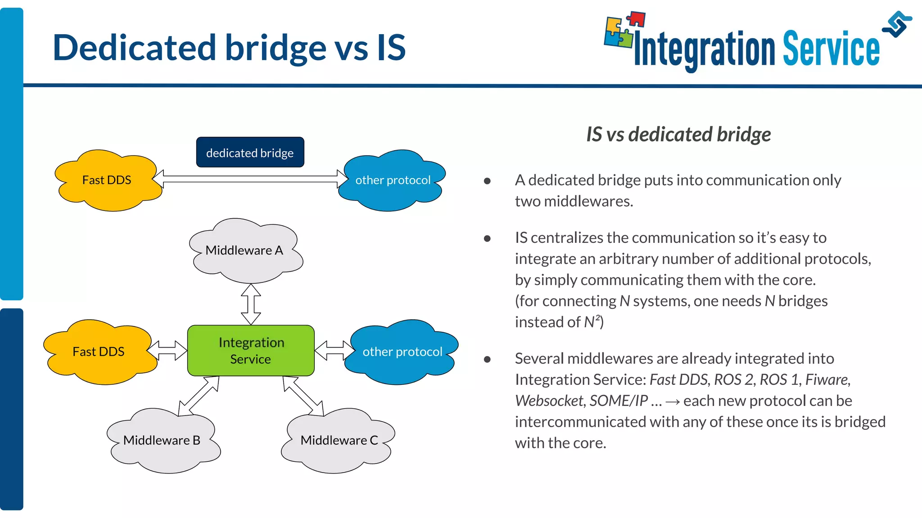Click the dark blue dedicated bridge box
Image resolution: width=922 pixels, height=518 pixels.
[x=250, y=152]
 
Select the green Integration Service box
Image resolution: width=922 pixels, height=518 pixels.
[x=251, y=350]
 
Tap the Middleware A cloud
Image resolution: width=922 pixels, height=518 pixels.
[x=244, y=250]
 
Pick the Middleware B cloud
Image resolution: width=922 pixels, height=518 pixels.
[x=162, y=441]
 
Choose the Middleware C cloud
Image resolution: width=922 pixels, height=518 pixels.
[x=339, y=441]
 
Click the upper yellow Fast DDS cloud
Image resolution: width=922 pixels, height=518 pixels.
[x=107, y=180]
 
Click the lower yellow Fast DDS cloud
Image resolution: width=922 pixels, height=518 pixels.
[x=99, y=352]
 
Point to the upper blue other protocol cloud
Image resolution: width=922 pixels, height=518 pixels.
[x=393, y=180]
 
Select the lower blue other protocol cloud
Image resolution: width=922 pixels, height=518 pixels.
[x=402, y=352]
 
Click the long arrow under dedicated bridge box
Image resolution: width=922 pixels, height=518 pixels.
[x=250, y=179]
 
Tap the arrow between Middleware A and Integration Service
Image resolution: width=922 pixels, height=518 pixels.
[x=251, y=304]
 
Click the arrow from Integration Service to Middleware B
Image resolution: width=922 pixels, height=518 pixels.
[x=199, y=396]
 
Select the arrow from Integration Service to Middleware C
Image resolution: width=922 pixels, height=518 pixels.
[x=303, y=396]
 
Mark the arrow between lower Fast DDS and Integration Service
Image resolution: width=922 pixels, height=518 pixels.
[x=167, y=350]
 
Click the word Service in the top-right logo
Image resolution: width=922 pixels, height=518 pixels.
[x=831, y=49]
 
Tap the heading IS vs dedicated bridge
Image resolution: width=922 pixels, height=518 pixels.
[x=678, y=134]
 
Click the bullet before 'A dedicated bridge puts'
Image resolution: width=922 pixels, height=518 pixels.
[x=487, y=181]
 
